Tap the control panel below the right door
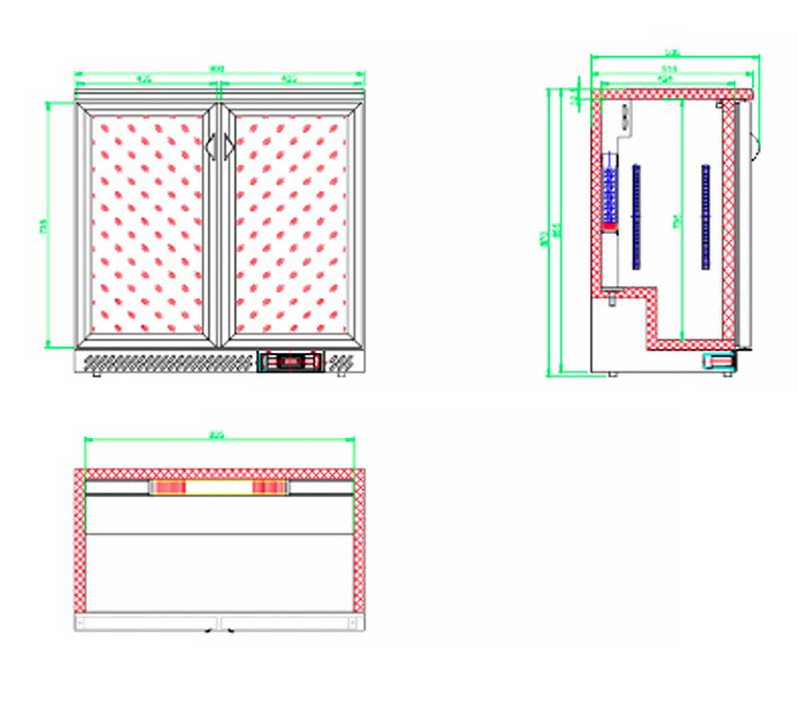coord(291,362)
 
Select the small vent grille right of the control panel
coord(340,362)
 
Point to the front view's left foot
coord(97,374)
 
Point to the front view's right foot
coord(342,374)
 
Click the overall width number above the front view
coord(217,68)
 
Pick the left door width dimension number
coord(144,80)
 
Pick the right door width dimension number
coord(289,80)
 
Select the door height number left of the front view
coord(44,226)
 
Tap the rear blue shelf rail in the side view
coord(636,216)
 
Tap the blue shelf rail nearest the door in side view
coord(706,216)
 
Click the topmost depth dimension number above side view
coord(673,53)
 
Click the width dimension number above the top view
coord(217,436)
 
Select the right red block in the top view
coord(269,488)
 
